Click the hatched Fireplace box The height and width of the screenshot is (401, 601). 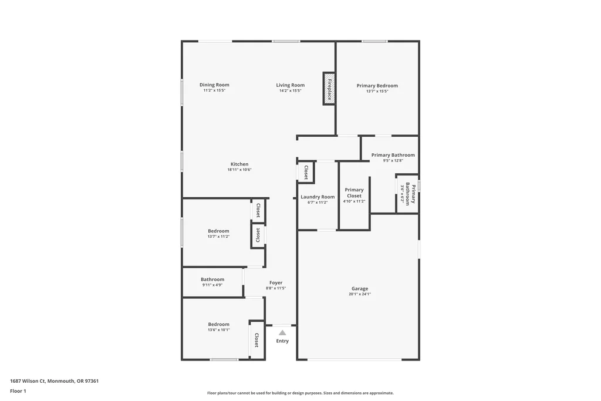click(x=329, y=89)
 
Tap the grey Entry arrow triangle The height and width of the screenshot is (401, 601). click(x=282, y=333)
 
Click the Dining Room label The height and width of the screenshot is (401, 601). click(x=214, y=85)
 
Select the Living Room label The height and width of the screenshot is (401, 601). click(x=291, y=85)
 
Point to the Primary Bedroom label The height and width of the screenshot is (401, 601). click(x=377, y=86)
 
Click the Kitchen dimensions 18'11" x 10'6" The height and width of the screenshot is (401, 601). click(x=239, y=170)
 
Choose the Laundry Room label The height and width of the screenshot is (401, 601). click(x=318, y=197)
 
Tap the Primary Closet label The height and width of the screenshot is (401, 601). click(x=354, y=193)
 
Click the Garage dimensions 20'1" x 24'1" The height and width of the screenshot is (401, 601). click(x=360, y=294)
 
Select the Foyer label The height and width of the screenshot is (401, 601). click(x=276, y=282)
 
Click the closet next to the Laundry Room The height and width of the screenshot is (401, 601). click(x=306, y=172)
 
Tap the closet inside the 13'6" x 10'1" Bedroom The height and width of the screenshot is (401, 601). click(x=257, y=340)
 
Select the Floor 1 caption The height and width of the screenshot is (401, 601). click(x=18, y=391)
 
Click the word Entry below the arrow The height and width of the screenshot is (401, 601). click(x=282, y=341)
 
